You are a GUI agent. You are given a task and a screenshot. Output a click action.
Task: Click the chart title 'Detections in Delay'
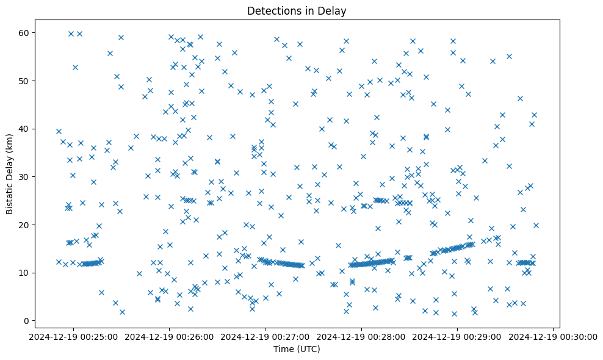[x=297, y=10]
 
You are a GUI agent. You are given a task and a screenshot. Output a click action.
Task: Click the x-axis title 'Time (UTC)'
[x=297, y=349]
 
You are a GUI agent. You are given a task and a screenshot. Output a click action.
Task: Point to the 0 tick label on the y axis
[x=34, y=321]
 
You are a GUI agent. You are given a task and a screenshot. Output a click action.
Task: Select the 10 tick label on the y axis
[x=31, y=273]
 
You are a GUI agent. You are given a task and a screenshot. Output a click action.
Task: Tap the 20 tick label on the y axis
[x=31, y=225]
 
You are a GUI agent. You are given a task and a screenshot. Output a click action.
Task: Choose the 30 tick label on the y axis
[x=31, y=177]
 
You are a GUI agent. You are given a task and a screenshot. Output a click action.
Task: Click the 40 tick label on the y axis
[x=31, y=129]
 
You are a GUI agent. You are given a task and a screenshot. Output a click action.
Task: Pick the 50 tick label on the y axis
[x=31, y=81]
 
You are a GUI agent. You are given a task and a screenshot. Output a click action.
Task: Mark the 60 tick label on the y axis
[x=31, y=33]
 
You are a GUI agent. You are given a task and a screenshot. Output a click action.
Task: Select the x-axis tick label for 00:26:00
[x=170, y=336]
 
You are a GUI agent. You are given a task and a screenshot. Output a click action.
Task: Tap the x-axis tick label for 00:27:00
[x=265, y=336]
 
